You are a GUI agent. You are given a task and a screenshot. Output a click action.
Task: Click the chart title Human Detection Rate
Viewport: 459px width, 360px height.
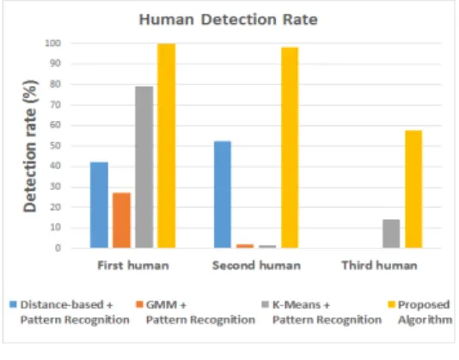coord(229,20)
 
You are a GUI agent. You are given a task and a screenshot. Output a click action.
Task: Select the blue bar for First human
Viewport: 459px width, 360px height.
coord(99,204)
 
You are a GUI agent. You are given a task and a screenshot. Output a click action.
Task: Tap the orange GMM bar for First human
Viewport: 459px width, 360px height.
coord(121,221)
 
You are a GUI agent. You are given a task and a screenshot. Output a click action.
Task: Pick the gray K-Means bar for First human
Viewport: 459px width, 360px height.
coord(144,168)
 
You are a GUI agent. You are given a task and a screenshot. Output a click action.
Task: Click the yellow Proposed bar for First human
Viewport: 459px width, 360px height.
coord(167,146)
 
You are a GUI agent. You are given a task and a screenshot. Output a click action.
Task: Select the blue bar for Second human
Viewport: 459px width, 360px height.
coord(223,195)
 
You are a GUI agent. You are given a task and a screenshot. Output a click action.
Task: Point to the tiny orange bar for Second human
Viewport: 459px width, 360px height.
coord(245,246)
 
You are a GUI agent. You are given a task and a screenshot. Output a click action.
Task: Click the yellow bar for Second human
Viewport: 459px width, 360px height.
coord(290,148)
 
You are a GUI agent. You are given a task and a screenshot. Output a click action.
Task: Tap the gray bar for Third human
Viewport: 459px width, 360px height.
coord(391,234)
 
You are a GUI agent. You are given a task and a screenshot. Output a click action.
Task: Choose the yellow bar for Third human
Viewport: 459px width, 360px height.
coord(413,189)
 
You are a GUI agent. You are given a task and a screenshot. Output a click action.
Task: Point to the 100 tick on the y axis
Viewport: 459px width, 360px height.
coord(52,43)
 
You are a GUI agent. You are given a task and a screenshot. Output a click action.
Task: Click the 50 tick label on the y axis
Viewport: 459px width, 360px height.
coord(55,146)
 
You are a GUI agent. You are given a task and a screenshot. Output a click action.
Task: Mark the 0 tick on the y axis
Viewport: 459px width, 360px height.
coord(58,248)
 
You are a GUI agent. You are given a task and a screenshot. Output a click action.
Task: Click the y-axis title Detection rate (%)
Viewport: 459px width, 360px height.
coord(30,146)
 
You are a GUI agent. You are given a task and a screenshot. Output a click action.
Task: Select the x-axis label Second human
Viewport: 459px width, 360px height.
coord(256,265)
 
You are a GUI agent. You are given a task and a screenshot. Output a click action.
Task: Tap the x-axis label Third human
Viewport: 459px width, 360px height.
coord(380,265)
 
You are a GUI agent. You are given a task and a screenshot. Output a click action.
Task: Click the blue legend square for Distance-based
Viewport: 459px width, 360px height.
coord(13,304)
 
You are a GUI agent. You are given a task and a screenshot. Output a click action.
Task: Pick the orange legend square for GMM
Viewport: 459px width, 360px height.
coord(139,304)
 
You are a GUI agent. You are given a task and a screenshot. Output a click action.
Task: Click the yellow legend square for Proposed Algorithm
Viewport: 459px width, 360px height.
coord(391,304)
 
